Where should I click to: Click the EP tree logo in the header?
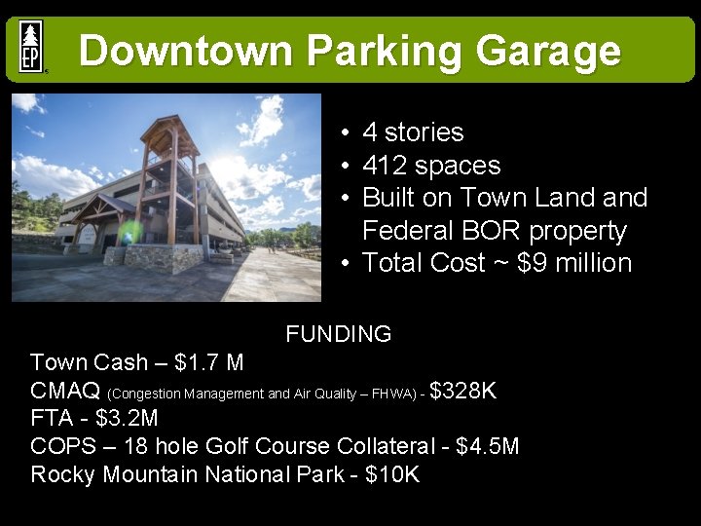[31, 47]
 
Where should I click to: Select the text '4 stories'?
[413, 132]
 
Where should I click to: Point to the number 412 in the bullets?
[384, 166]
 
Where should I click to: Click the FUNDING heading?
[339, 334]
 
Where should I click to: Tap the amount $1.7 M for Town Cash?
[208, 363]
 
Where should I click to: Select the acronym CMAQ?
[65, 392]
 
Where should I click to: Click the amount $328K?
[463, 392]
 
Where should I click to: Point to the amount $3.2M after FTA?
[127, 419]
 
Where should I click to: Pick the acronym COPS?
[64, 447]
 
